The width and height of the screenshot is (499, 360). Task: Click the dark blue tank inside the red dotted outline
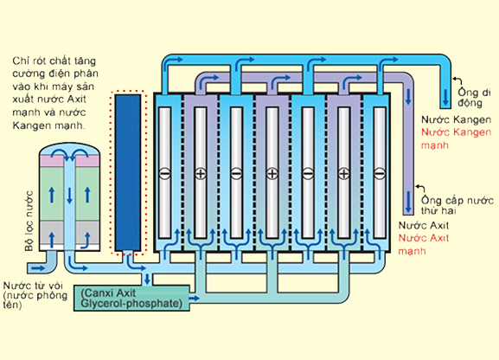(x=128, y=172)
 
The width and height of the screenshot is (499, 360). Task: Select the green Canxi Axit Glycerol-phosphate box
(x=131, y=299)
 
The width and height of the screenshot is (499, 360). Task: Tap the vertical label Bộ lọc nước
(x=29, y=221)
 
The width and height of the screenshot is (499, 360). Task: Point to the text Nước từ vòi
(x=34, y=285)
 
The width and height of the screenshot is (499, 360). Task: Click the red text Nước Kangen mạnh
(x=456, y=138)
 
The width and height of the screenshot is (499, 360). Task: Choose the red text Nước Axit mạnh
(x=424, y=244)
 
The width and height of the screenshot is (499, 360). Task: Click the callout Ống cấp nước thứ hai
(x=457, y=205)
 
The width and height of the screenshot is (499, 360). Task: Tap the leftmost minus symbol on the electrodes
(x=164, y=174)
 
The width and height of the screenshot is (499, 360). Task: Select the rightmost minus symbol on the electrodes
(x=380, y=174)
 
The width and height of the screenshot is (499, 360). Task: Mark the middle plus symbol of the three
(x=272, y=174)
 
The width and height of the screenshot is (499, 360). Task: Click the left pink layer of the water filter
(x=51, y=161)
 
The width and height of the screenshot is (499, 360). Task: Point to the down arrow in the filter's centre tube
(x=69, y=196)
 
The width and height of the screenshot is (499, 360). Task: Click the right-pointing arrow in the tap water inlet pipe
(x=38, y=268)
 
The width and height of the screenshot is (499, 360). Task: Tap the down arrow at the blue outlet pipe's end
(x=445, y=98)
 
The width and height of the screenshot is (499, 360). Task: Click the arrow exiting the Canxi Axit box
(x=195, y=299)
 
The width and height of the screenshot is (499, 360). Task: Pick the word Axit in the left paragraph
(x=76, y=99)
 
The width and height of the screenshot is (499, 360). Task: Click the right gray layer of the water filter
(x=87, y=232)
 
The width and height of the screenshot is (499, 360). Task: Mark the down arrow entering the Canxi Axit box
(x=147, y=279)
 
